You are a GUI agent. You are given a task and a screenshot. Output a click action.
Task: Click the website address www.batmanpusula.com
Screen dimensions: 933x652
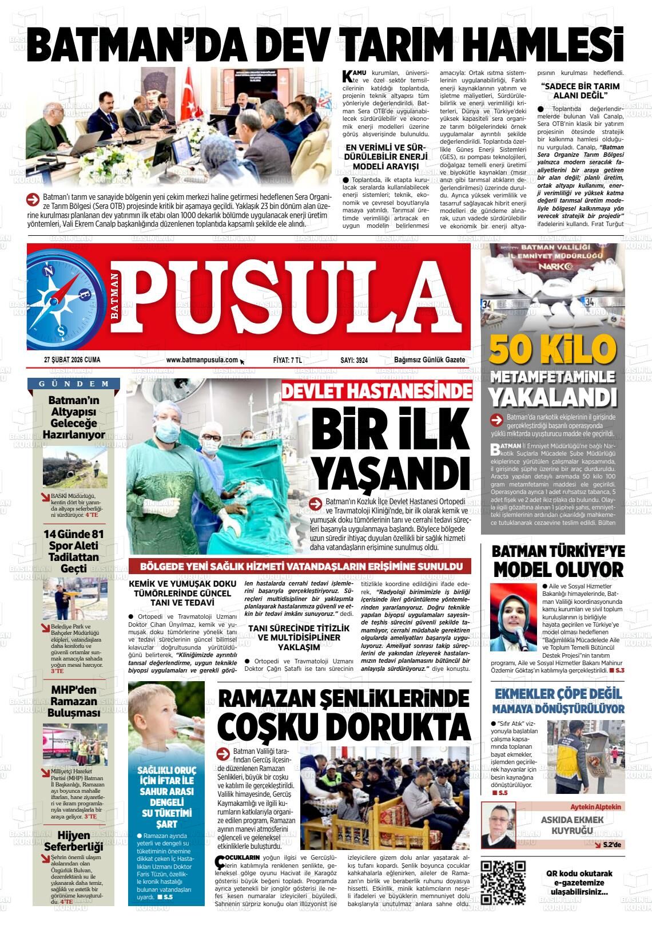click(x=202, y=359)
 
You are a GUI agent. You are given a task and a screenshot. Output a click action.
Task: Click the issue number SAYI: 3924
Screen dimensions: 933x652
click(x=354, y=359)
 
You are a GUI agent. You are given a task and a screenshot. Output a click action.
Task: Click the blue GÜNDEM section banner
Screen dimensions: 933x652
click(x=74, y=384)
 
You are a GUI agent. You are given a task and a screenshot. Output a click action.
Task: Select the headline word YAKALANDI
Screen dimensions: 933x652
click(x=552, y=396)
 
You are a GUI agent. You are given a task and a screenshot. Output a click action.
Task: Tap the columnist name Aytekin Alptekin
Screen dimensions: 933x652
click(x=593, y=807)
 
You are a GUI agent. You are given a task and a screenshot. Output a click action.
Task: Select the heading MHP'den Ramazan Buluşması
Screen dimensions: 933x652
click(x=74, y=701)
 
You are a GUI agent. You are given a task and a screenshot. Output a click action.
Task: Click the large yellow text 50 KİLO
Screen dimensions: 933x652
click(x=552, y=349)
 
